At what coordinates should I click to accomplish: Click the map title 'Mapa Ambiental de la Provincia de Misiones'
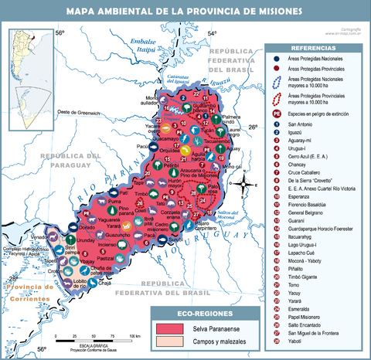[185, 12]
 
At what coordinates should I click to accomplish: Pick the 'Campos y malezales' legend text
[211, 341]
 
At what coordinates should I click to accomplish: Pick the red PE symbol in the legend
[276, 114]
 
